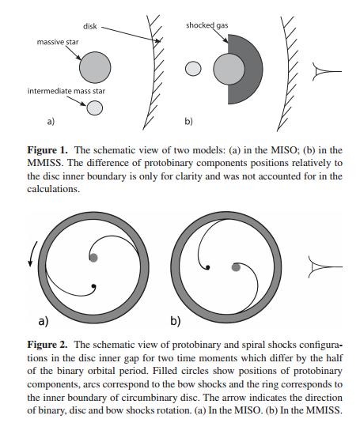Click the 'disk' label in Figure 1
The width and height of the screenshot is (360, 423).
click(90, 26)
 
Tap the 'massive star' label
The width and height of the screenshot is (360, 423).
click(58, 42)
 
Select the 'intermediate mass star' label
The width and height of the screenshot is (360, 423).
click(66, 91)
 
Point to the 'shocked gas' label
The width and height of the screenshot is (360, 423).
click(207, 25)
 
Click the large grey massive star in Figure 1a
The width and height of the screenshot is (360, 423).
click(95, 67)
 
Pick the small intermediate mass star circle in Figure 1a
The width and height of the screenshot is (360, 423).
click(94, 108)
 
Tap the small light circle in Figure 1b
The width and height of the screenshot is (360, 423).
click(193, 69)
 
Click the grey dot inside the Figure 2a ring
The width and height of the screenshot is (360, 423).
click(93, 258)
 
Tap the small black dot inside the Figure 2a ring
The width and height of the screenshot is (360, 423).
click(93, 286)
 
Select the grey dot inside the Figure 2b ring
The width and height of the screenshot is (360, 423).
click(236, 267)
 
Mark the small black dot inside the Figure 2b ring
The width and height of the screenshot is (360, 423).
click(208, 267)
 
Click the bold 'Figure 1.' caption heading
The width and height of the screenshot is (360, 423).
click(47, 150)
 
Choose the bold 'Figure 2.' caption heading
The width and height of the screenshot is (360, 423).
click(47, 345)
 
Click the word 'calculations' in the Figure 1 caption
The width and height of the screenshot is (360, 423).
click(54, 189)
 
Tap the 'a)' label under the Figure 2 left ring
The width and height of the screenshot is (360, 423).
click(44, 321)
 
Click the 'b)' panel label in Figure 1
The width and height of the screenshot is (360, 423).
click(188, 121)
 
